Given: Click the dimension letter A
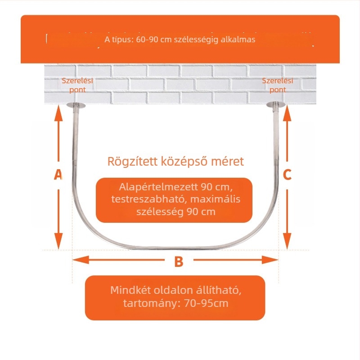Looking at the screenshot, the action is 58,175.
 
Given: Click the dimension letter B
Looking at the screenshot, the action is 179,261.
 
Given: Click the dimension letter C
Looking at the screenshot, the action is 287,175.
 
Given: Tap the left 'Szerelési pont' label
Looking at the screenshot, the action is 77,85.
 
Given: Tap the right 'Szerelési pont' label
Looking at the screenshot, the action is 278,85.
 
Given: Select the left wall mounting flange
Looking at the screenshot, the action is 76,105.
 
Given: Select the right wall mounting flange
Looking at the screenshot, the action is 276,104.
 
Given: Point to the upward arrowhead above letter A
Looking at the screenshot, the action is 58,113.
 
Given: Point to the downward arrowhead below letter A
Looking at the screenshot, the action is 58,241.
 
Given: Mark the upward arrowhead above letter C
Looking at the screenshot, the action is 287,113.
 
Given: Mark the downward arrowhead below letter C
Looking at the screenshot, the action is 287,241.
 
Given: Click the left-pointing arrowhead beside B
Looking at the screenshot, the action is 81,260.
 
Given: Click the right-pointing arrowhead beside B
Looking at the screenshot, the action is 270,260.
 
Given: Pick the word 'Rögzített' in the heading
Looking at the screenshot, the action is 132,162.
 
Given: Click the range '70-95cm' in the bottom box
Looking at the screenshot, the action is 206,303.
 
